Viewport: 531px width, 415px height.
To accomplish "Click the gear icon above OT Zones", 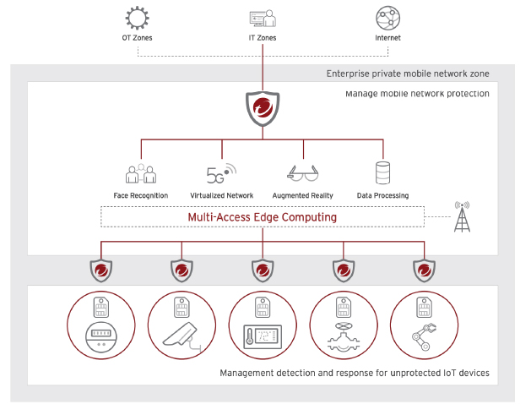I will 138,18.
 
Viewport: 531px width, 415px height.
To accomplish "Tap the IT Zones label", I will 263,38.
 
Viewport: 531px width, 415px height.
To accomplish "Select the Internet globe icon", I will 387,18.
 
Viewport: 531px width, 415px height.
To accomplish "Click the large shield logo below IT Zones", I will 263,108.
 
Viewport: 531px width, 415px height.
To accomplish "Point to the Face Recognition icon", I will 141,173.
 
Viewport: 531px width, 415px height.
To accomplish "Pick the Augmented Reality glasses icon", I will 302,173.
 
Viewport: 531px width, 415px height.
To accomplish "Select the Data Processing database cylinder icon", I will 382,173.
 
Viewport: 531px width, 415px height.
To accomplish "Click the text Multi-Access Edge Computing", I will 263,217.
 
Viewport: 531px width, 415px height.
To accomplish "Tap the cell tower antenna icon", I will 462,218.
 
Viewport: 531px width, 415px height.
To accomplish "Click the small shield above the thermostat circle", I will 263,270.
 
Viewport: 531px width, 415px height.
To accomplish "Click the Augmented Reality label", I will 302,195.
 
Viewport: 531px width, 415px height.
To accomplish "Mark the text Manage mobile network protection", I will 417,93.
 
